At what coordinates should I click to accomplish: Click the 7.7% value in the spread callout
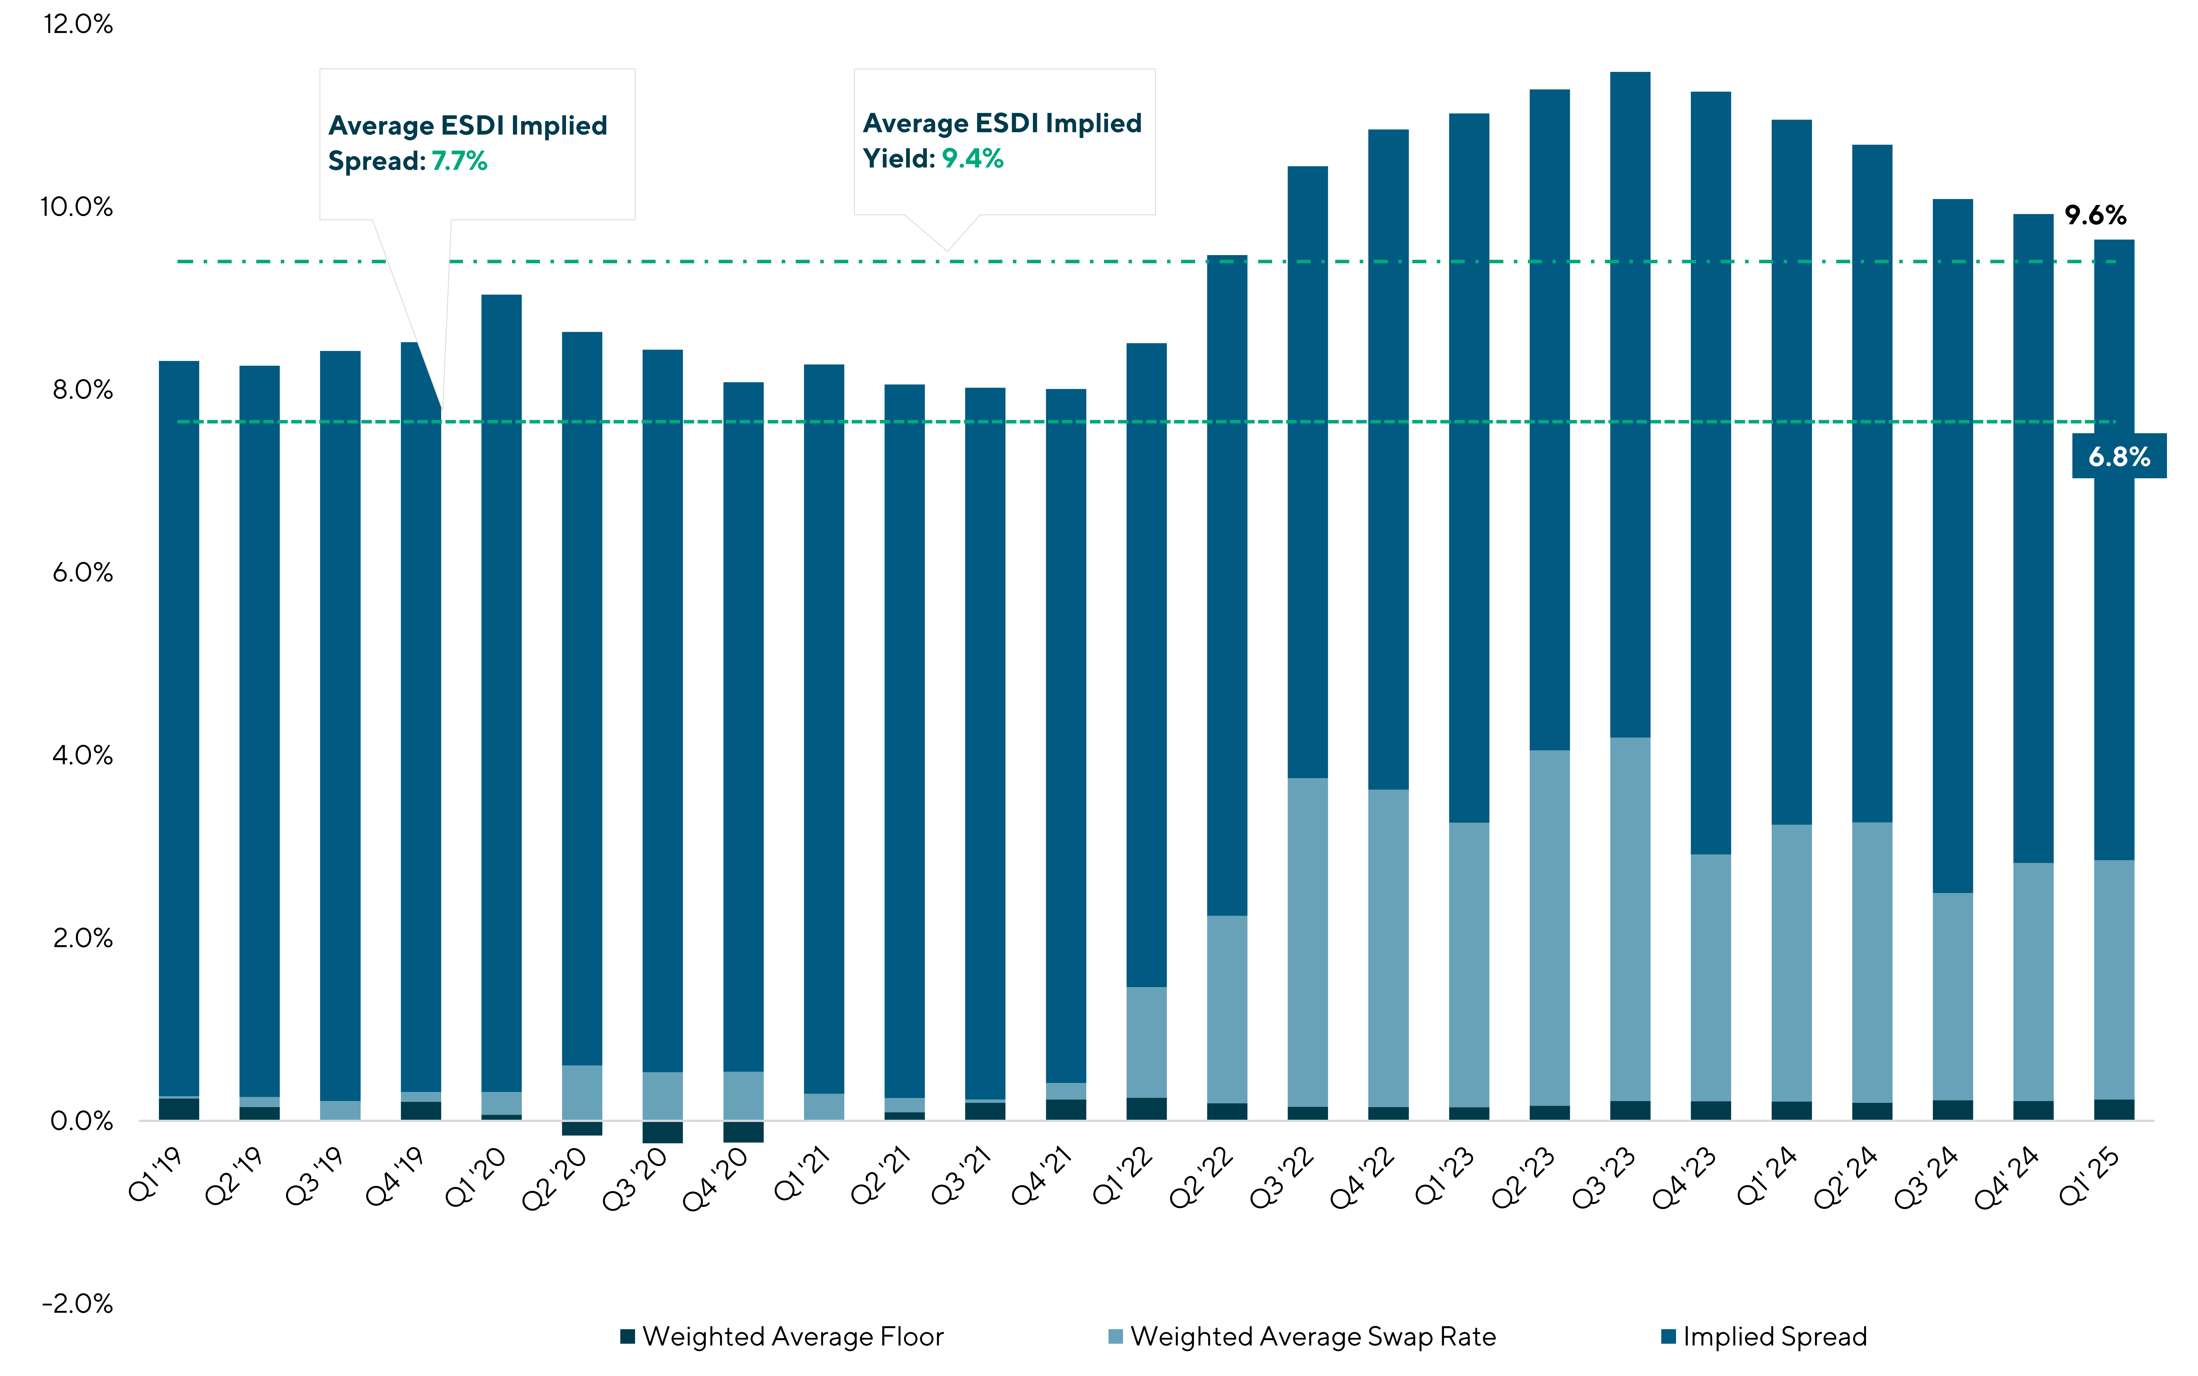point(459,161)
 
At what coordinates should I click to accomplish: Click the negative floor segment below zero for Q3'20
point(662,1132)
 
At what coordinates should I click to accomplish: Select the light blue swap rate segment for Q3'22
point(1307,942)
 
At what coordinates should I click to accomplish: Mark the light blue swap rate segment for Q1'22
point(1146,1042)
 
